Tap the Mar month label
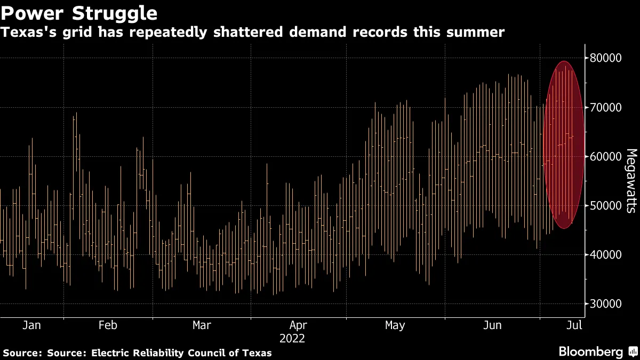202,325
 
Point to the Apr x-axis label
298,325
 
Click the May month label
395,325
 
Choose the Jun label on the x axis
492,325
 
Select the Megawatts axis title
630,180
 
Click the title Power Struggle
79,12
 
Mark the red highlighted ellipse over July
564,145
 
